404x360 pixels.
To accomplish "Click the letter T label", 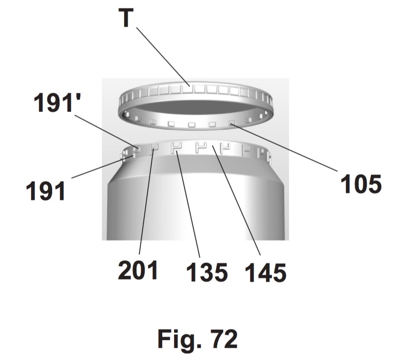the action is point(126,17).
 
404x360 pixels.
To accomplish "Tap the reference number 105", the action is point(361,184).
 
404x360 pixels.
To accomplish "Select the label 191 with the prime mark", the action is point(57,102).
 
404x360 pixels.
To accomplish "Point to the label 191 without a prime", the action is point(45,191).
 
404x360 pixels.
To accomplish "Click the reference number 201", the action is point(138,270).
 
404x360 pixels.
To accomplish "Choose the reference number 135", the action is point(207,272).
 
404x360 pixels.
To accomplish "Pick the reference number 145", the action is point(266,273).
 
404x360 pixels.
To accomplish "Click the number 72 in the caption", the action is point(224,339).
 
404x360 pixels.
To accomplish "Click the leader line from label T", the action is point(163,57).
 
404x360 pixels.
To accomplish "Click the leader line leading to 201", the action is point(146,202).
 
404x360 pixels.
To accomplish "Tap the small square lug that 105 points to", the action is point(232,122).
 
